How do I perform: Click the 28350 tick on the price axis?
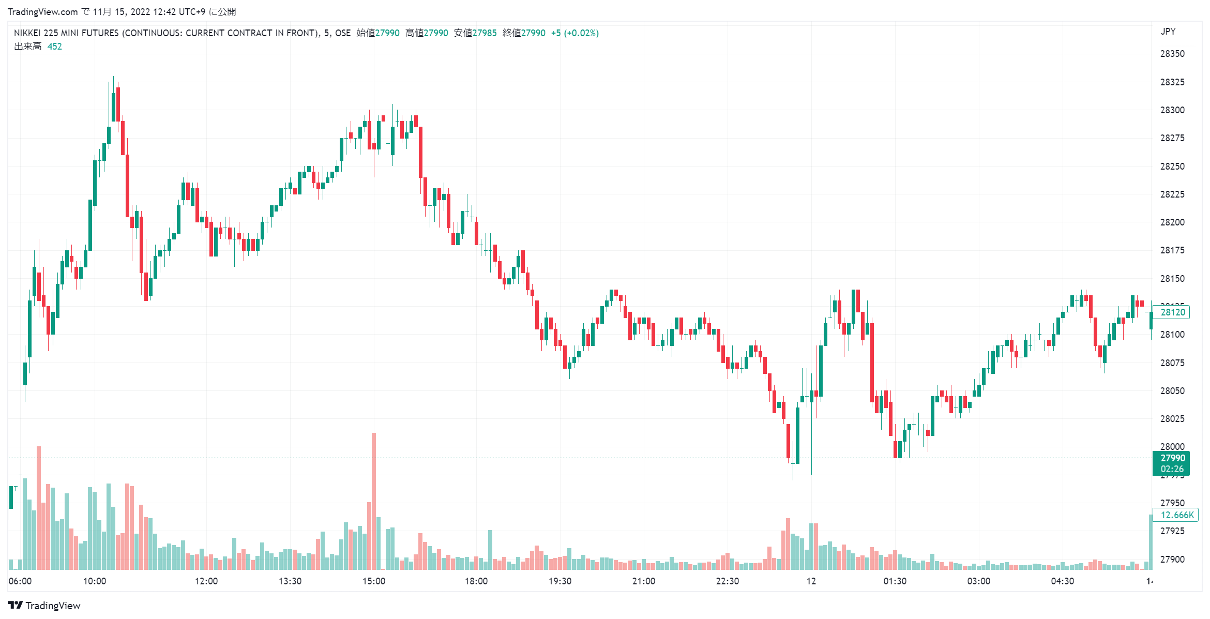click(x=1172, y=54)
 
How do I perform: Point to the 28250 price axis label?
click(x=1172, y=167)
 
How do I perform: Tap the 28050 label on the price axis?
click(x=1172, y=391)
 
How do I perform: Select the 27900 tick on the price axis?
click(x=1172, y=560)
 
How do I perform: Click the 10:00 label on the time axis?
click(x=95, y=581)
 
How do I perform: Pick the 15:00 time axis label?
click(x=373, y=581)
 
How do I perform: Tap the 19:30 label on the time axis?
click(x=559, y=581)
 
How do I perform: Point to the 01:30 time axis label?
click(x=895, y=581)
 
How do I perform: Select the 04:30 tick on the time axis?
click(x=1062, y=581)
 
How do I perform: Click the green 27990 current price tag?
click(x=1172, y=463)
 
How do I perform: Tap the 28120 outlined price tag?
click(x=1172, y=312)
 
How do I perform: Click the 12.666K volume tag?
click(x=1176, y=515)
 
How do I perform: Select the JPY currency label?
click(x=1168, y=32)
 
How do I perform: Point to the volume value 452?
click(x=54, y=47)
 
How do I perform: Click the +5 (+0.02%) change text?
click(x=574, y=33)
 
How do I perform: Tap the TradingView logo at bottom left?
click(x=44, y=606)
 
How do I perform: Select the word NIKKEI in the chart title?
click(x=27, y=33)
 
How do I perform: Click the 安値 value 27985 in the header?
click(x=485, y=33)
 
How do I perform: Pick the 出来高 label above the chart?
click(x=28, y=47)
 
